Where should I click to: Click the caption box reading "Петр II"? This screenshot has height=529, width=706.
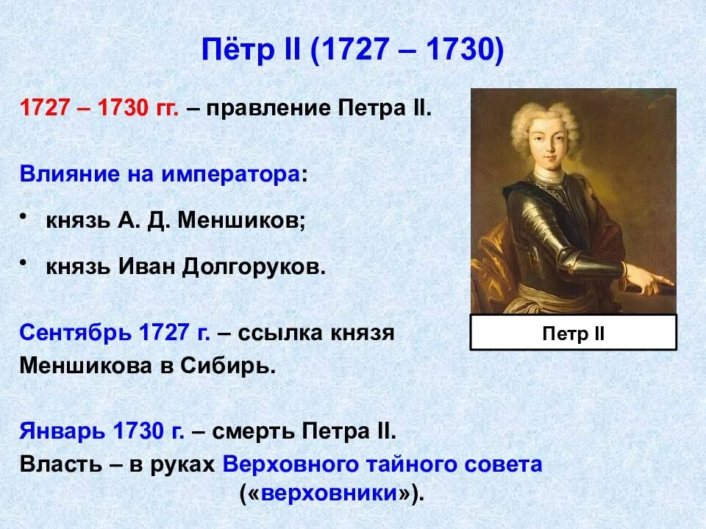tap(573, 332)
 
